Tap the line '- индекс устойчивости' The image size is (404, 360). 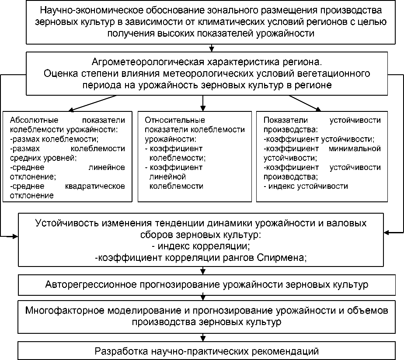point(306,186)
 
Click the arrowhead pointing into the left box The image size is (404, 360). point(71,110)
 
